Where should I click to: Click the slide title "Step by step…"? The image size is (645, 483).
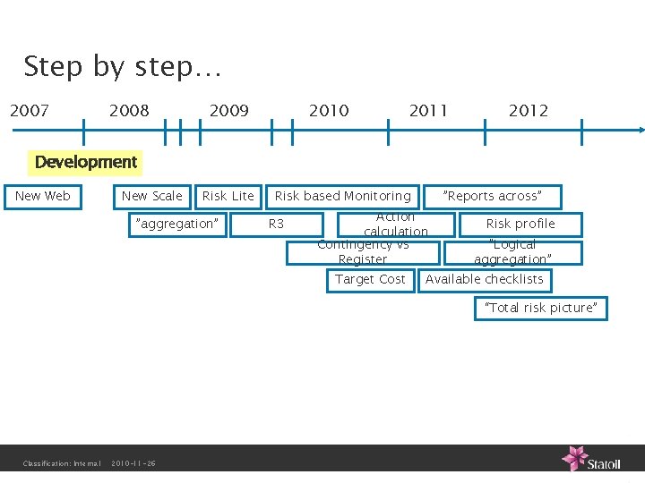pos(123,67)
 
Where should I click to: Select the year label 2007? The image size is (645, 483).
pos(30,111)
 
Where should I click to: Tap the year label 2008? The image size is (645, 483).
pos(129,111)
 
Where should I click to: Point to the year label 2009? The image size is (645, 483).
pos(228,111)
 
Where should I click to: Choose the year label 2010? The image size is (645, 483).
pos(329,111)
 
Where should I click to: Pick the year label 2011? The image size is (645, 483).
pos(428,111)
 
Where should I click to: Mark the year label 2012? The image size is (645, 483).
pos(528,111)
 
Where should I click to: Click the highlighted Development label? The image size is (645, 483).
pos(86,162)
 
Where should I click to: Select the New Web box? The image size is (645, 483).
pos(43,196)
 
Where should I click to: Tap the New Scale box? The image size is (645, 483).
pos(151,196)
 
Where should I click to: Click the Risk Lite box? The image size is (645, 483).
pos(228,196)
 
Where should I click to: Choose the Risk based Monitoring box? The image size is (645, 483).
pos(343,196)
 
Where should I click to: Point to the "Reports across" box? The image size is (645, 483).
pos(494,196)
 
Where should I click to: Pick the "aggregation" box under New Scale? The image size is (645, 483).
pos(175,224)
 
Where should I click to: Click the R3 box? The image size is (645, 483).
pos(276,224)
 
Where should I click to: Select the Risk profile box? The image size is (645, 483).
pos(520,224)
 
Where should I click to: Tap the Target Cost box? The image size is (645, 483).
pos(370,279)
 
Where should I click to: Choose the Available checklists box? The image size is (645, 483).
pos(485,279)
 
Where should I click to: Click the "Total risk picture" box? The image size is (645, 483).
pos(540,309)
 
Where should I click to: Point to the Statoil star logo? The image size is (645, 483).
pos(574,457)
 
